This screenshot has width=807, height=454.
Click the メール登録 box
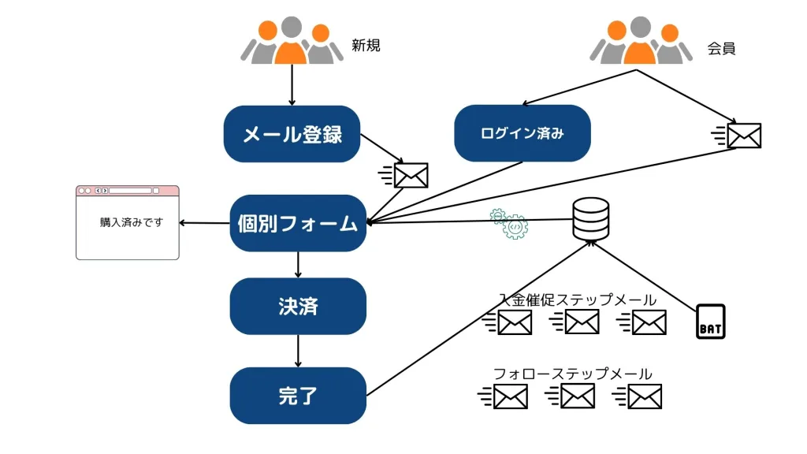pos(292,134)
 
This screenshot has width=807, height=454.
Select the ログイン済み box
pos(523,133)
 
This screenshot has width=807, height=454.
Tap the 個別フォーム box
pos(298,223)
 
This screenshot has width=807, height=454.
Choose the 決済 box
pos(298,307)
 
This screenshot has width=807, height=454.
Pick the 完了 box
pos(298,396)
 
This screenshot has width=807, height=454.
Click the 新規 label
pos(366,45)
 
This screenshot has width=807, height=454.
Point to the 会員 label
pos(721,48)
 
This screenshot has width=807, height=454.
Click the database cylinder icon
pos(591,219)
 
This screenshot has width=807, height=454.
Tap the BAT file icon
pos(711,322)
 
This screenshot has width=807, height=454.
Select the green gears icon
pos(509,223)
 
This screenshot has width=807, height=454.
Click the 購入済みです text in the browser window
pos(132,222)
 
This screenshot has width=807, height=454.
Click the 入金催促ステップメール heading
pos(578,300)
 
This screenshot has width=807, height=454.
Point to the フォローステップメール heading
pos(573,374)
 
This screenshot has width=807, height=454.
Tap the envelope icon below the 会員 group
pos(737,136)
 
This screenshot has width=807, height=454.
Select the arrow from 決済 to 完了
pos(298,351)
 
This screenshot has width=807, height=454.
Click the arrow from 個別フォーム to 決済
pos(298,265)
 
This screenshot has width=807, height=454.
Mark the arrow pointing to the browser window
pos(204,223)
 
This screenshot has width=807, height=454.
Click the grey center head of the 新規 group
pos(292,28)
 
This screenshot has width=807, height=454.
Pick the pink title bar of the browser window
pos(128,191)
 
